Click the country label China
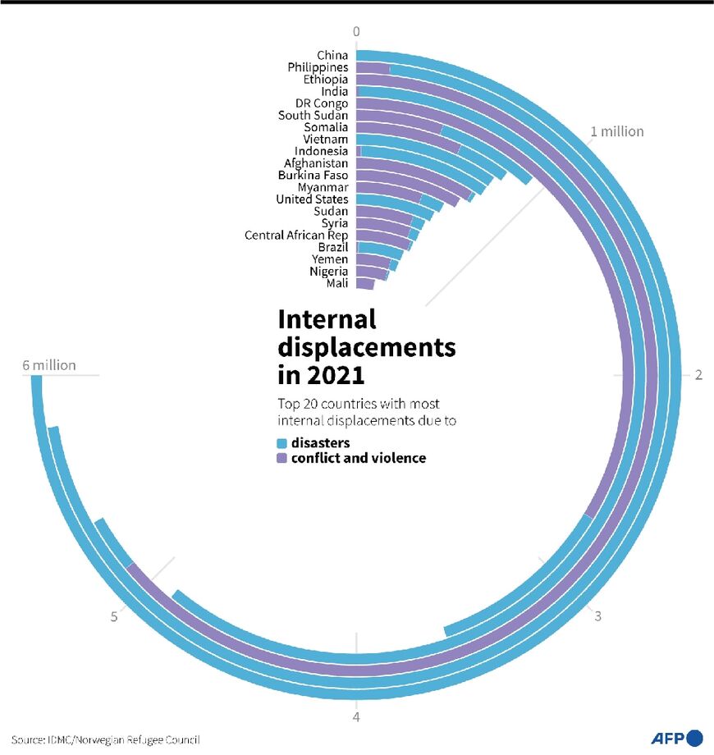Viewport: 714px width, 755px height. point(332,56)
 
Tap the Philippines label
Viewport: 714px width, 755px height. point(318,67)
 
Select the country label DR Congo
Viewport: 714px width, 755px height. point(322,103)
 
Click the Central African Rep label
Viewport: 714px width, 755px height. point(296,236)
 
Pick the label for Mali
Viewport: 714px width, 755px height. point(337,283)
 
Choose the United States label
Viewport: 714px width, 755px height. point(312,199)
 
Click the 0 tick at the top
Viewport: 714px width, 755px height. point(356,32)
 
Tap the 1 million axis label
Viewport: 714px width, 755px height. point(617,131)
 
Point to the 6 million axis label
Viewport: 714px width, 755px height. point(49,365)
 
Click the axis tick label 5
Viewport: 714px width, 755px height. point(114,617)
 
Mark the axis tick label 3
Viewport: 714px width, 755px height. point(598,616)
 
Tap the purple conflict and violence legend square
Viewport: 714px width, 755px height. point(282,459)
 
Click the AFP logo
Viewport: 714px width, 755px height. point(676,738)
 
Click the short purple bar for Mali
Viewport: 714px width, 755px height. point(365,283)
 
